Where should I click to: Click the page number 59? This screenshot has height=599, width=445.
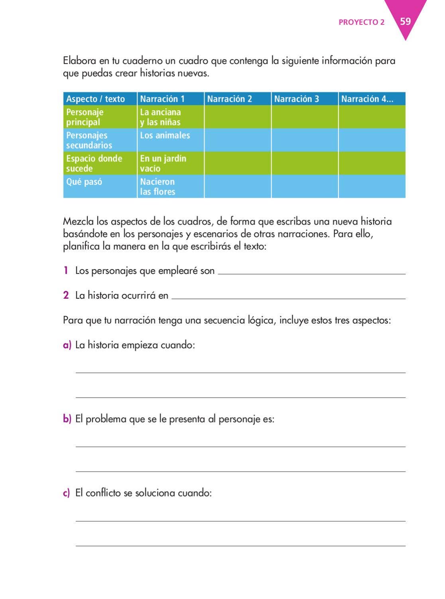405,21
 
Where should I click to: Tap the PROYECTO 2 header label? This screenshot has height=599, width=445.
361,22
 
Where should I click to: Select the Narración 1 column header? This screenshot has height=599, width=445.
162,99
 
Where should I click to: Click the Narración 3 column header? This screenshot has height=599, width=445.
296,99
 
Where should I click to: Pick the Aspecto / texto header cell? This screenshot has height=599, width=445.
95,99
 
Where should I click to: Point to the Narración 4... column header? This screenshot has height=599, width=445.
367,99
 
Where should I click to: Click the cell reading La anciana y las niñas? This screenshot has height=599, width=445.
160,117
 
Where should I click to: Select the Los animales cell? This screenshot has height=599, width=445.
165,135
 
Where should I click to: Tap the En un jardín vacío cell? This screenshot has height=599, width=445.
163,163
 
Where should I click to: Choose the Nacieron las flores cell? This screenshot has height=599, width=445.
158,186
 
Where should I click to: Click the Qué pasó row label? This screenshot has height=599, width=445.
84,182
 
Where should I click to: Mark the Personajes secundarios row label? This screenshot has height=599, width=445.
89,140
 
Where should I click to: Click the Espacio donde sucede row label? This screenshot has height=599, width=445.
94,163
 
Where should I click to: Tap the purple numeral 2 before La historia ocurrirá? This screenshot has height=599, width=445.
66,296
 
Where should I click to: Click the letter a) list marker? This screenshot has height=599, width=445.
67,345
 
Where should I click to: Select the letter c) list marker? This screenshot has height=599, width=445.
67,493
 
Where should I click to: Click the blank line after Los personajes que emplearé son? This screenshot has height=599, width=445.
311,272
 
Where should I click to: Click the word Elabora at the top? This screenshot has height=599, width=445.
80,61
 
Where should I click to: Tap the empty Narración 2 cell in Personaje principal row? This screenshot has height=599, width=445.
238,117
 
